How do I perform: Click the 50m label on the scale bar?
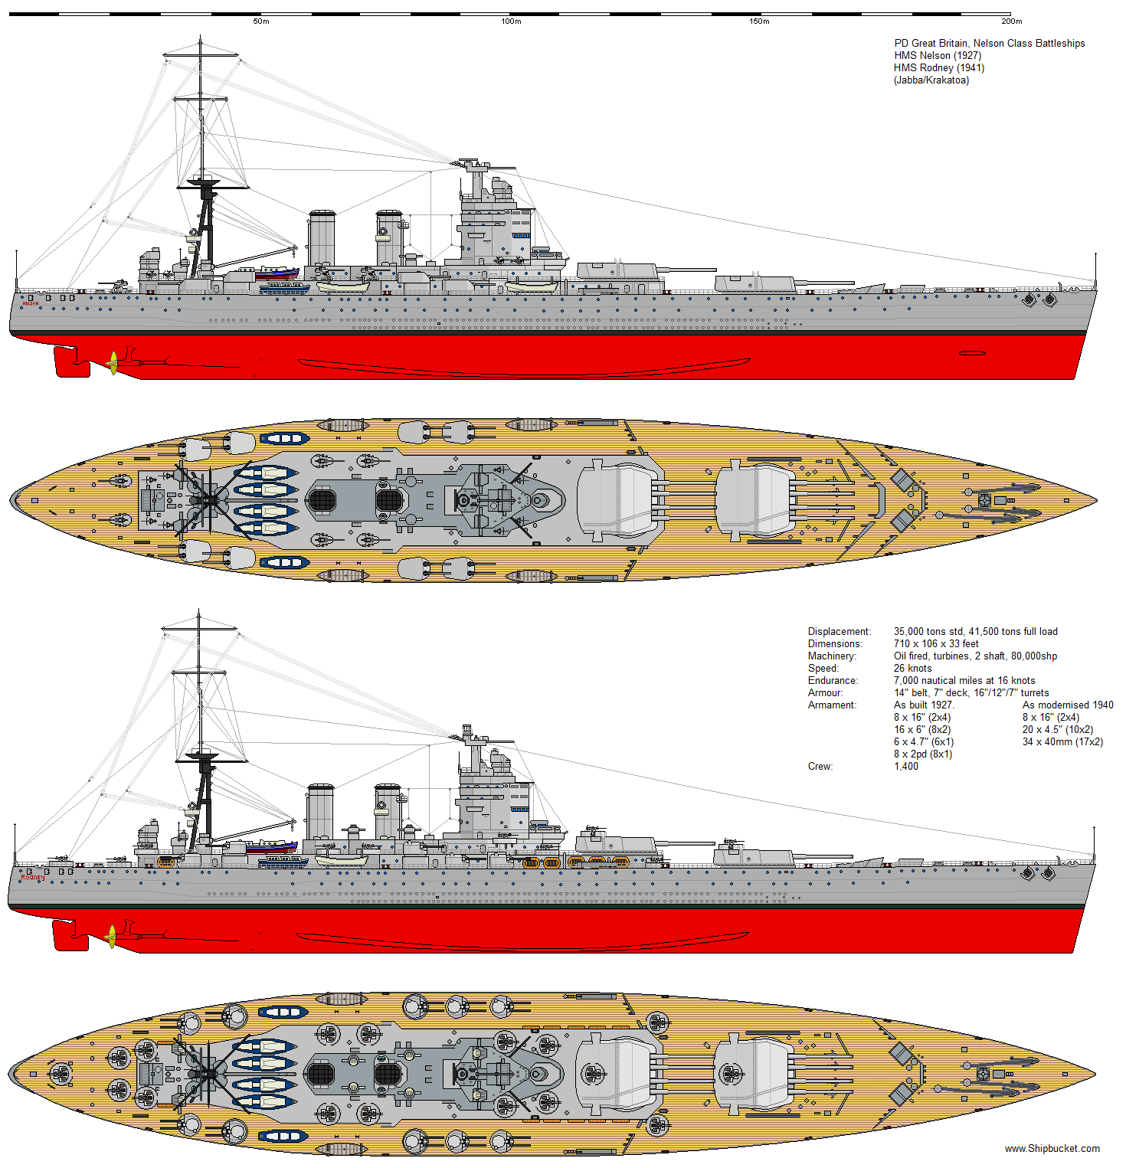(x=261, y=21)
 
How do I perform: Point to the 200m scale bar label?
(x=1011, y=21)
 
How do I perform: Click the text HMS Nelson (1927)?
(x=938, y=56)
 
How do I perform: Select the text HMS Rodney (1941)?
(x=939, y=68)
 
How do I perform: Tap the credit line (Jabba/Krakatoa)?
(x=931, y=80)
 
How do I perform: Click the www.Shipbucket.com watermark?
(x=1052, y=1149)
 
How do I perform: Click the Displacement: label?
(x=840, y=632)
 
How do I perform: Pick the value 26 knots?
(x=912, y=669)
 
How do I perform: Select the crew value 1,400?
(x=905, y=767)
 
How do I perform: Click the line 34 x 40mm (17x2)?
(x=1062, y=742)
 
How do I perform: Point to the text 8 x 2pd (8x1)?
(x=923, y=754)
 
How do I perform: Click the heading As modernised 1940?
(x=1068, y=705)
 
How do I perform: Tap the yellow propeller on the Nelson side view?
(x=113, y=362)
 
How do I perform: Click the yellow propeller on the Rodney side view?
(x=112, y=936)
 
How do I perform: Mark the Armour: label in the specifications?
(x=825, y=693)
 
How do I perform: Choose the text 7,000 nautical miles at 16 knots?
(x=964, y=681)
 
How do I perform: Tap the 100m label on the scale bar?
(x=511, y=21)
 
